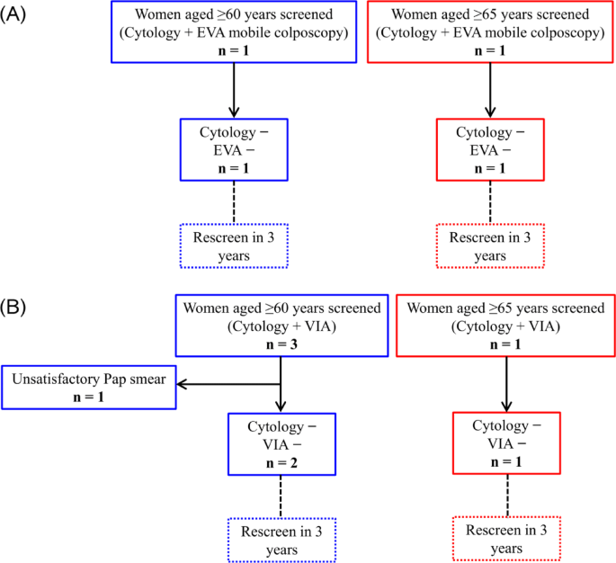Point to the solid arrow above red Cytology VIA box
pyautogui.click(x=506, y=382)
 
